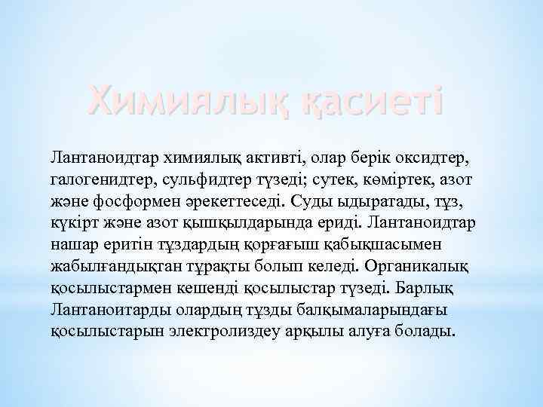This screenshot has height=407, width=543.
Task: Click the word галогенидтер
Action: [102, 179]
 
